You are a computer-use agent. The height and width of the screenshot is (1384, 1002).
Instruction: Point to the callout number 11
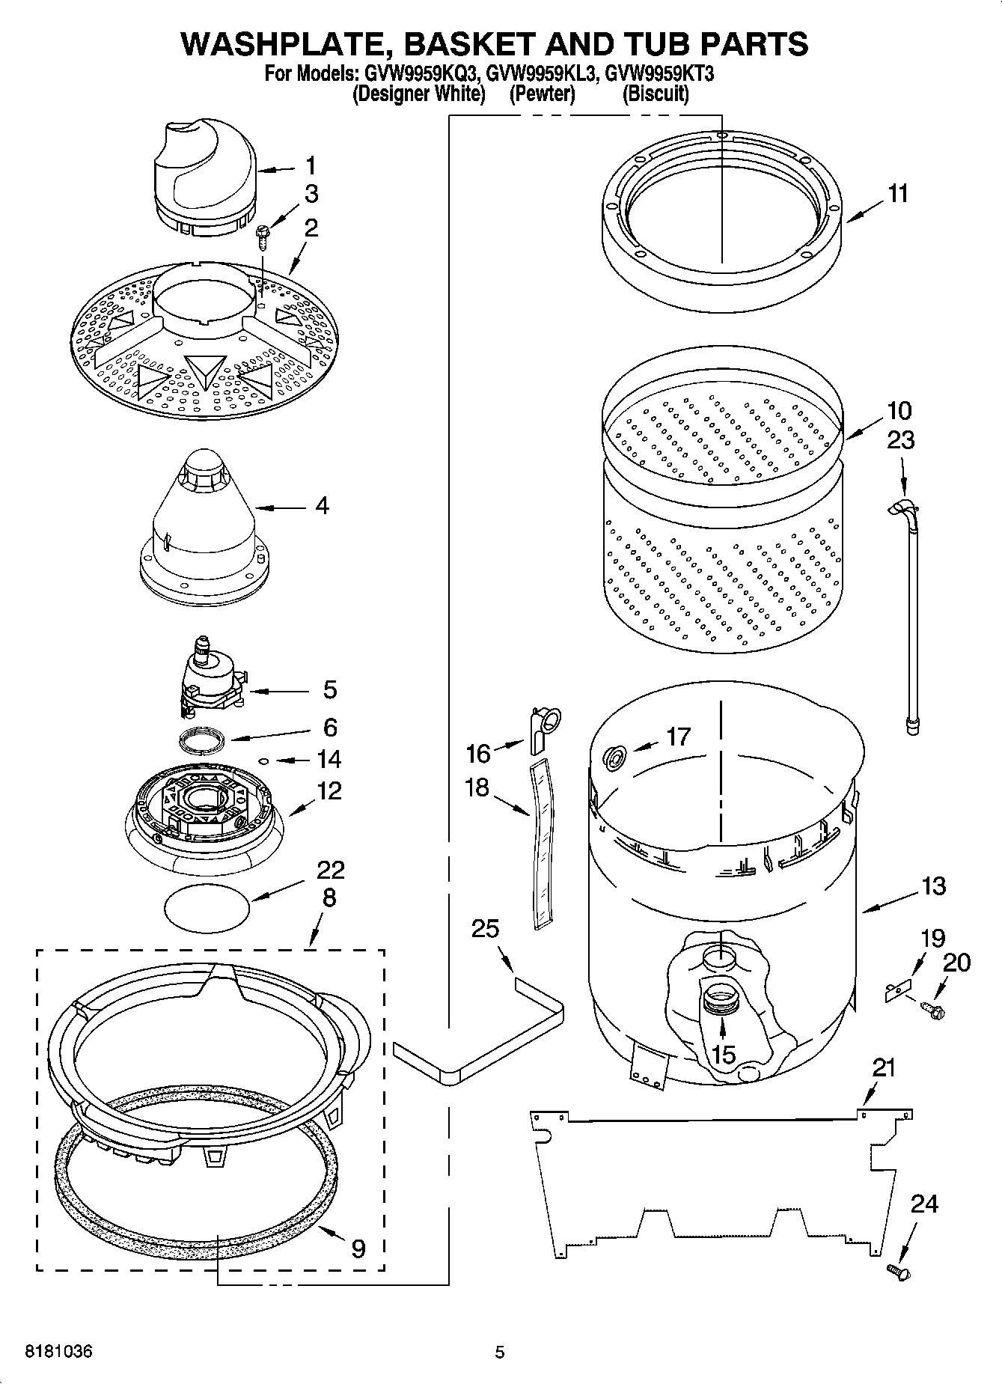[897, 194]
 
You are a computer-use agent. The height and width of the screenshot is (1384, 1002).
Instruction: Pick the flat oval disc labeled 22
[207, 906]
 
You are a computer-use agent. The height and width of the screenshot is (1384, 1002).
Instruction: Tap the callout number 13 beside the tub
[933, 886]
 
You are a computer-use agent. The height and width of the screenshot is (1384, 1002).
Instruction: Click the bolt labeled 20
[935, 1011]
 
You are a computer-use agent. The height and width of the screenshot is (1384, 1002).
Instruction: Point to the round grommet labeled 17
[615, 758]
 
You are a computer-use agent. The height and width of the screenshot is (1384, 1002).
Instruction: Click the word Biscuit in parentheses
[656, 94]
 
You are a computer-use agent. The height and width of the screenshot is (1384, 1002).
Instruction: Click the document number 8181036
[59, 1352]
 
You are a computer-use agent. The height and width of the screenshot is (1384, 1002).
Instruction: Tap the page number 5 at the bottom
[499, 1352]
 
